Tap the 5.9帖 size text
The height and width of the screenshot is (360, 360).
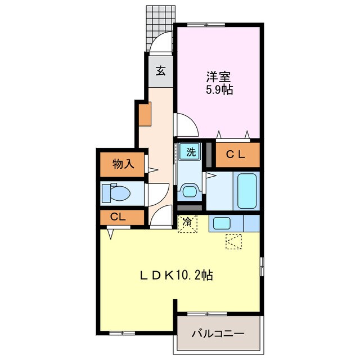click(x=218, y=89)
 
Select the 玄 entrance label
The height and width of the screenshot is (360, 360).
click(x=161, y=71)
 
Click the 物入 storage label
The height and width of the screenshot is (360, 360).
click(x=123, y=164)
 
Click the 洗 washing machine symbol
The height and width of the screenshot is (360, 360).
click(x=191, y=151)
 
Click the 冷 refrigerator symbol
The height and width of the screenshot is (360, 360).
click(x=188, y=223)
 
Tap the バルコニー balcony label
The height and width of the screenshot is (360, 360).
click(x=218, y=334)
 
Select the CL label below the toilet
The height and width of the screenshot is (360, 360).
click(x=118, y=217)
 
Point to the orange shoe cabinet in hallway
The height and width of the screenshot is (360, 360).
click(x=145, y=114)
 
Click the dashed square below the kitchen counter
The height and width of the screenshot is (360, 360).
click(x=233, y=242)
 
